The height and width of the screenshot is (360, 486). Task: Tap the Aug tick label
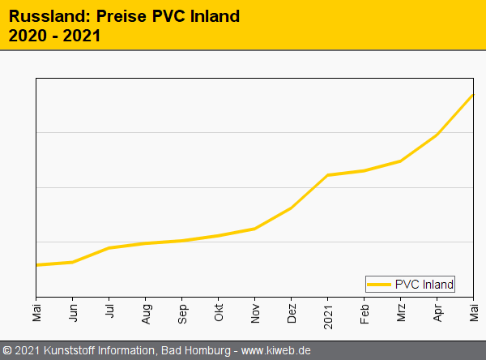146,311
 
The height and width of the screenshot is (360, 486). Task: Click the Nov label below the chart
255,311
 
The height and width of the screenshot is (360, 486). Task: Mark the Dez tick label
292,311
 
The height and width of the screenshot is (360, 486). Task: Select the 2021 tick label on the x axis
328,313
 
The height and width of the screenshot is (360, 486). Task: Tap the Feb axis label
364,311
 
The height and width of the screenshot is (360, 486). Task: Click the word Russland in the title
43,16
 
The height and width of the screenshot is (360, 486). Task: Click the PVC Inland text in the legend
424,284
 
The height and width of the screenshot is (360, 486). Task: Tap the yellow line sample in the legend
379,284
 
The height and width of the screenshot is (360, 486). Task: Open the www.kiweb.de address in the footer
276,351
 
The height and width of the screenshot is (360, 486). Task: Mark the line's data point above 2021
328,175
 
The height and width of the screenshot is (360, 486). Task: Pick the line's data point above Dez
292,208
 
